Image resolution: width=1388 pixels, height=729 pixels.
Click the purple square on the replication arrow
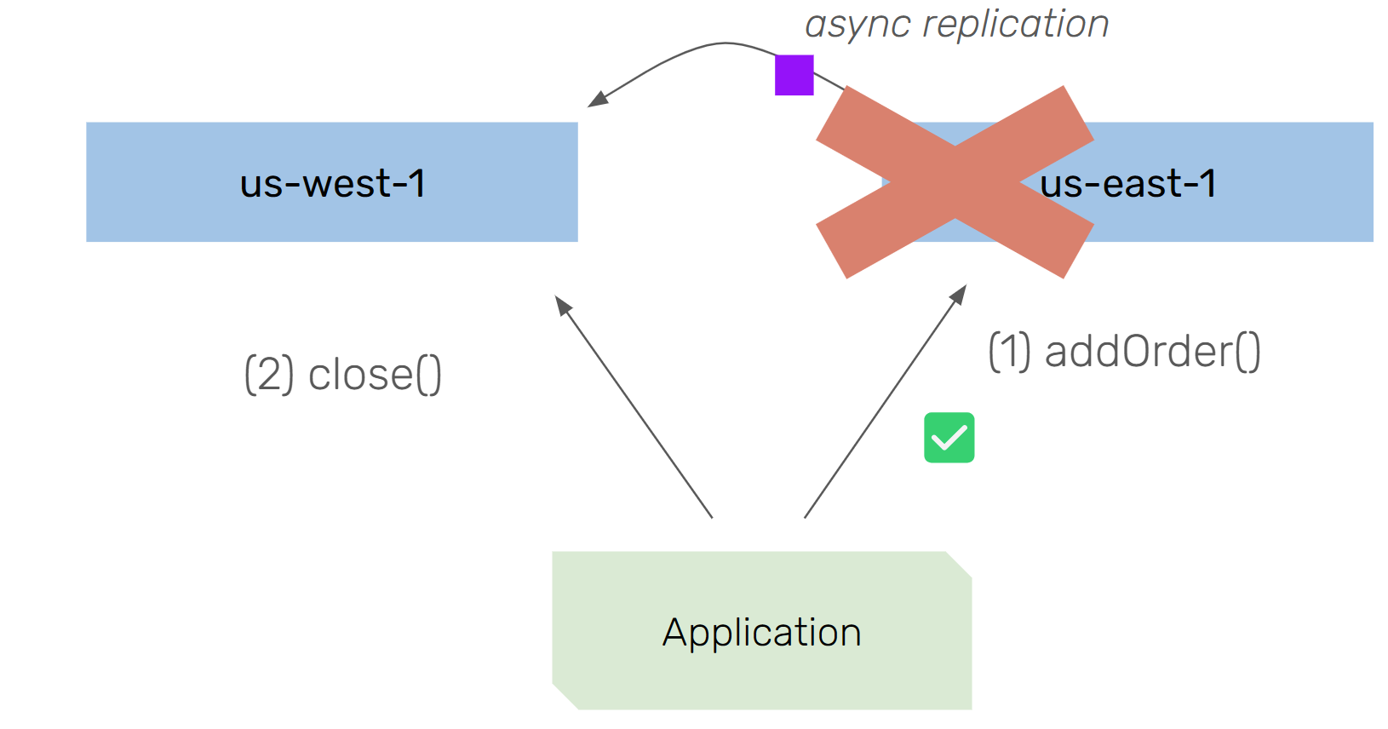[x=794, y=75]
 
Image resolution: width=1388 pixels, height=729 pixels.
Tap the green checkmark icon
[x=949, y=438]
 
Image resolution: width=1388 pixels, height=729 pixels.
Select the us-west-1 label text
[x=332, y=183]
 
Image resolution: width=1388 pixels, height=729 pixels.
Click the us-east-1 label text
[x=1128, y=183]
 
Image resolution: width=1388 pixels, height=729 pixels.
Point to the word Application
[x=761, y=632]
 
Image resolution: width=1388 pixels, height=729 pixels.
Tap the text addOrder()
[x=1152, y=351]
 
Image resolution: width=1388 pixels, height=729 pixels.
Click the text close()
[x=375, y=375]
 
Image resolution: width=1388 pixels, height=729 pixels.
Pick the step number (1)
[x=1009, y=351]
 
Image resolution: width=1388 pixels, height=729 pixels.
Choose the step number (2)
[x=268, y=375]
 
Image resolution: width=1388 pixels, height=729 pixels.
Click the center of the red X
[x=955, y=182]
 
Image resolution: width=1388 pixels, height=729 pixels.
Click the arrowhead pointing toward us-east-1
[x=960, y=293]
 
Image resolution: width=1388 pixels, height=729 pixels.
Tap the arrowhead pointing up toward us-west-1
[x=562, y=304]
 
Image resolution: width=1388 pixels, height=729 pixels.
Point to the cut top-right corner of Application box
[x=960, y=565]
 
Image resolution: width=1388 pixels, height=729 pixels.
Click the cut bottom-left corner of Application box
[x=565, y=697]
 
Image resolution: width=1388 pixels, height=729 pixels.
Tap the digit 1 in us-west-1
[x=416, y=183]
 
